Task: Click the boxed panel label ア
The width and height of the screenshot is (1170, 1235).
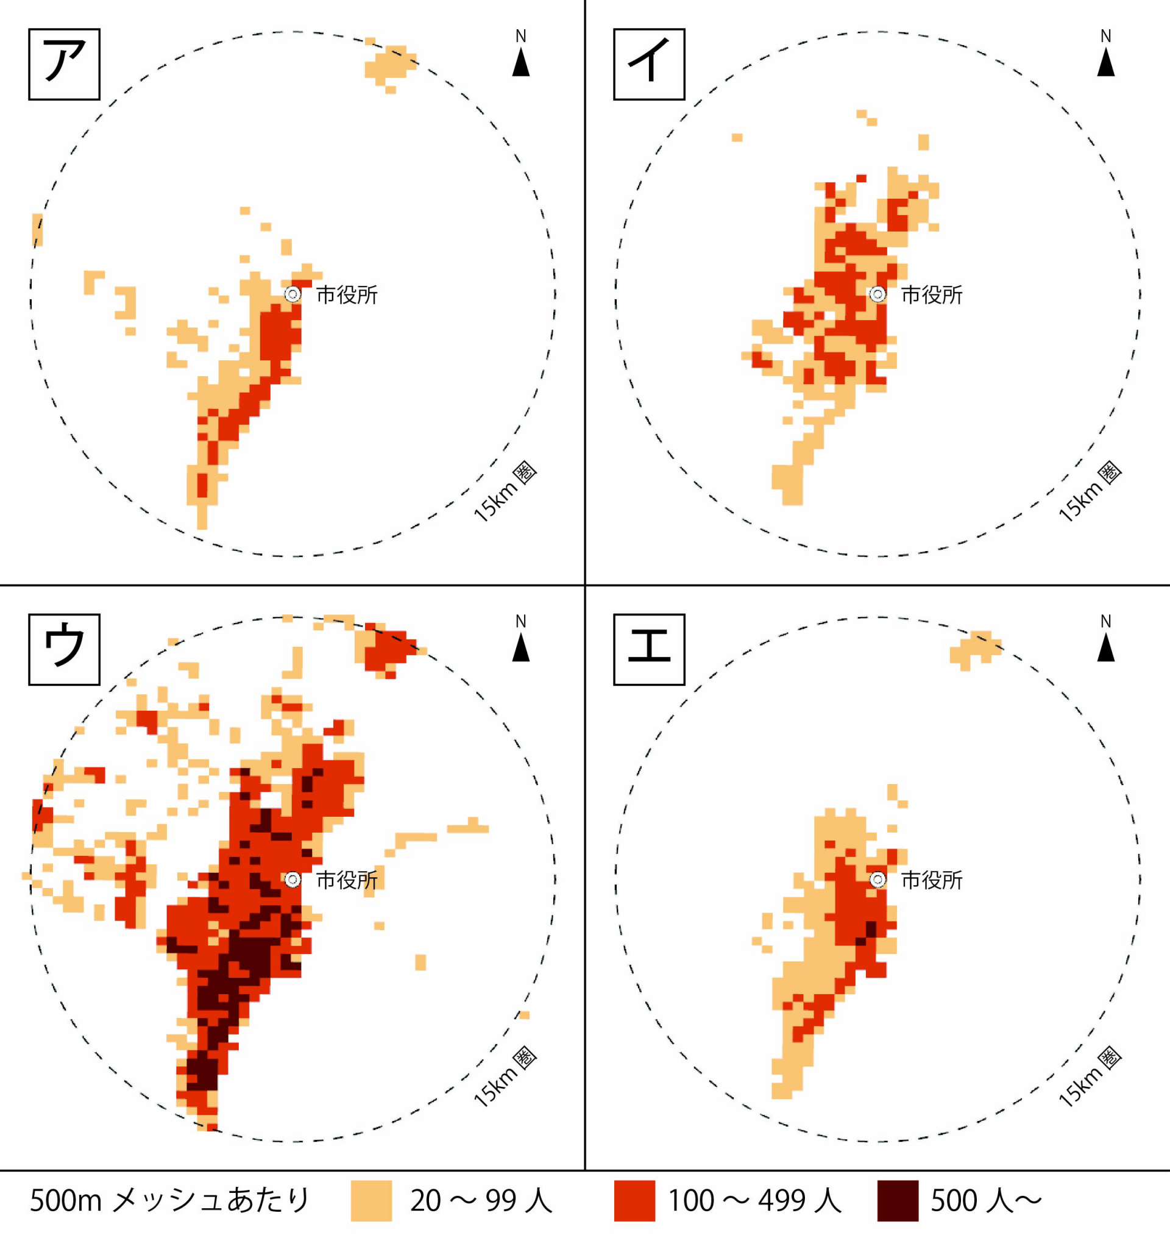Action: (63, 63)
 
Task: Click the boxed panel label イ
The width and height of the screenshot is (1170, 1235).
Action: (648, 63)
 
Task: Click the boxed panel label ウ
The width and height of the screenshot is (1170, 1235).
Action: (63, 649)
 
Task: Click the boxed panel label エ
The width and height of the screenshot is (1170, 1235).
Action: (648, 649)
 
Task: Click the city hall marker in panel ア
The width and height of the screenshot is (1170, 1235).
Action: (292, 294)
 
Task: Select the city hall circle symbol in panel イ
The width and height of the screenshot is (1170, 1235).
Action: (877, 294)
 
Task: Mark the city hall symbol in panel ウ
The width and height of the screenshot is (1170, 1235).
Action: (292, 880)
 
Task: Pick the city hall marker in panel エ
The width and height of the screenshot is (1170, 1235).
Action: (877, 880)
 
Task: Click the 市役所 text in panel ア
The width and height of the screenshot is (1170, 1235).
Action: (347, 295)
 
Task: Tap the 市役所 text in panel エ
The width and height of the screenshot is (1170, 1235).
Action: (932, 880)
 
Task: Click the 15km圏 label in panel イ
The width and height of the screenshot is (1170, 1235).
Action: (1090, 492)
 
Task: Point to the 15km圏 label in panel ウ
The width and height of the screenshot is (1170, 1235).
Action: (505, 1078)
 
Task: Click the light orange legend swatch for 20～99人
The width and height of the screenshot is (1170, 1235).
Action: (371, 1200)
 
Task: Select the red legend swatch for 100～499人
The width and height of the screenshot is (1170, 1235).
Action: (634, 1200)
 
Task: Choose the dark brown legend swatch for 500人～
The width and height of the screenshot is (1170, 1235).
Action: (898, 1200)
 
